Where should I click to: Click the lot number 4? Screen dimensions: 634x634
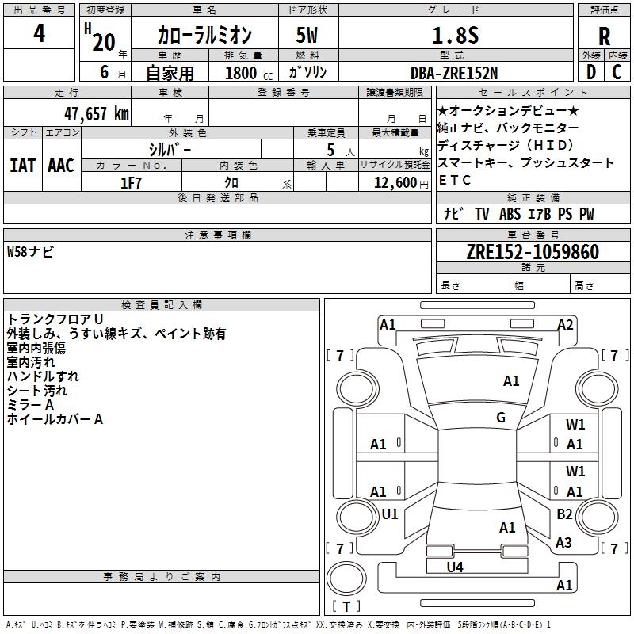click(39, 33)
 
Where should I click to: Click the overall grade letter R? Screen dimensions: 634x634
click(604, 36)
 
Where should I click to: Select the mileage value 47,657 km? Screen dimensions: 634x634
click(97, 113)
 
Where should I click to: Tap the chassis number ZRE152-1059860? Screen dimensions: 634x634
click(533, 251)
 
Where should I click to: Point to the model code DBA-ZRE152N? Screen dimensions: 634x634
click(454, 73)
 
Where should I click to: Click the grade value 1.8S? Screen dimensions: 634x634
click(456, 35)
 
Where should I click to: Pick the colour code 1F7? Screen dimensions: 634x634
click(131, 183)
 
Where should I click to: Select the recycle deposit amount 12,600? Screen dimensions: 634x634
click(395, 183)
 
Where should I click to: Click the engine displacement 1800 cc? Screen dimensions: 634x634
click(249, 73)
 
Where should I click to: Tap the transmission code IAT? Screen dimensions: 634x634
click(22, 166)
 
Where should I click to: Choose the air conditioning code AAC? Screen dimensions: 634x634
click(61, 166)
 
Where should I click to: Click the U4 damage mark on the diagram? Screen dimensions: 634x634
click(455, 567)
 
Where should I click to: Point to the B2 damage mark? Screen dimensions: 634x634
click(564, 514)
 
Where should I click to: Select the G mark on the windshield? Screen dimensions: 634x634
click(501, 418)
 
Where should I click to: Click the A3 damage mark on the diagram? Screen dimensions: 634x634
click(563, 542)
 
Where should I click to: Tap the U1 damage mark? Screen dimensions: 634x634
click(390, 514)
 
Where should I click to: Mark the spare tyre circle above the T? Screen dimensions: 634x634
click(346, 579)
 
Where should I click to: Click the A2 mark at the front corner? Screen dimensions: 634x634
click(565, 325)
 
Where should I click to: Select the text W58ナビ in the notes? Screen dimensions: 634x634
click(30, 251)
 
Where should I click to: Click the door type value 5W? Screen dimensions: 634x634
click(307, 35)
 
